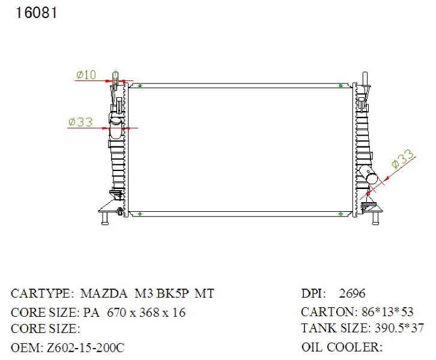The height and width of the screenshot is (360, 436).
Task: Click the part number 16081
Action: coord(37,13)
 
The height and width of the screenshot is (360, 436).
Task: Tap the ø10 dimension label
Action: coord(86,75)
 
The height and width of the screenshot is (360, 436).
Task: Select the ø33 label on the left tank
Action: coord(80,122)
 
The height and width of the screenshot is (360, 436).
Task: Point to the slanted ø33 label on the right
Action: coord(402,159)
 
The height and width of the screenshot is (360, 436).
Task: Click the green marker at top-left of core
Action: coord(140,86)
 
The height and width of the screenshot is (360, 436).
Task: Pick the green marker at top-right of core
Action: coord(341,86)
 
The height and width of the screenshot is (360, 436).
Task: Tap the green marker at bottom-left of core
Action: coord(140,214)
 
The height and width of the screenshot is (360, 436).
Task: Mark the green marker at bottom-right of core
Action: coord(341,214)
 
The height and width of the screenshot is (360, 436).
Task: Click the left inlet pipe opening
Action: coord(115,121)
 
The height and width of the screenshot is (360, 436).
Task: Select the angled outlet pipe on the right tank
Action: coord(368,175)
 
